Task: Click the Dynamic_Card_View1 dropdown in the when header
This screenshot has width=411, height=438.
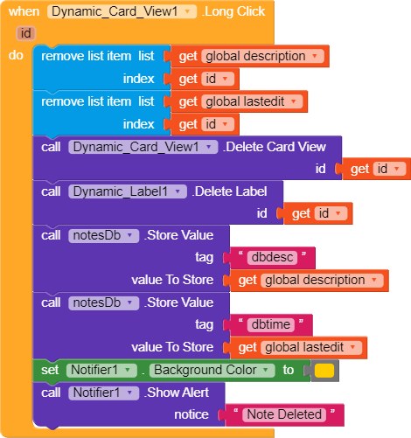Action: tap(122, 11)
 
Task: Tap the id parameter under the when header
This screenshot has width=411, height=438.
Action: tap(25, 33)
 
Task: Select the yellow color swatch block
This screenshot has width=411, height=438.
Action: tap(324, 371)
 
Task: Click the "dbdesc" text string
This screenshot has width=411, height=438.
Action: tap(272, 257)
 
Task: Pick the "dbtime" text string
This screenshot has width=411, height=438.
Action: tap(271, 324)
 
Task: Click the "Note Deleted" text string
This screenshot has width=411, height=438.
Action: tap(284, 414)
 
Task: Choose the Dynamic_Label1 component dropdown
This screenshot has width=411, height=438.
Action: tap(128, 191)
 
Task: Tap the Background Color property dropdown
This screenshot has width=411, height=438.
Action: tap(212, 370)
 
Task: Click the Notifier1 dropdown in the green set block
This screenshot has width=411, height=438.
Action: tap(101, 370)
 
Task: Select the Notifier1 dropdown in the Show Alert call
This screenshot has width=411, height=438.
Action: tap(103, 393)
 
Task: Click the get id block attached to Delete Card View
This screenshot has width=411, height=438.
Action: tap(377, 169)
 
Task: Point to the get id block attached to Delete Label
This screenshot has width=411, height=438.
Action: tap(318, 213)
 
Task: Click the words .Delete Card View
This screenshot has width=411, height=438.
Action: tap(275, 147)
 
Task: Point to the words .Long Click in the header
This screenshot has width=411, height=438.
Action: tap(233, 11)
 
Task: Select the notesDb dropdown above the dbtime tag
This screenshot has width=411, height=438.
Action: tap(103, 302)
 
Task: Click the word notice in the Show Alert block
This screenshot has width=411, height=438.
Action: tap(192, 414)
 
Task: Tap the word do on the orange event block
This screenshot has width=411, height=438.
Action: tap(16, 55)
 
